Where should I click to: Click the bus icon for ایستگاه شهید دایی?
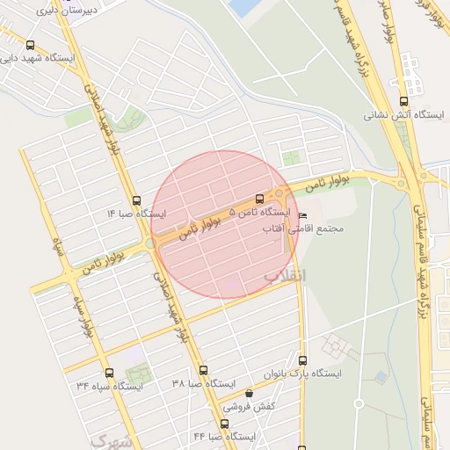[32, 46]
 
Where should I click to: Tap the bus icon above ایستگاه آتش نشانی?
[403, 101]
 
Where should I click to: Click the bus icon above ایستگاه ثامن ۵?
[258, 200]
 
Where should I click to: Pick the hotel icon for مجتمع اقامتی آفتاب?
[304, 216]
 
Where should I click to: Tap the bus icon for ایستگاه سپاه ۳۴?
[109, 373]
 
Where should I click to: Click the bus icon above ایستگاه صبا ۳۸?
[203, 371]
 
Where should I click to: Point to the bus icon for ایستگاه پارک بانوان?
[303, 359]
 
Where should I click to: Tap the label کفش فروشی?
[250, 407]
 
